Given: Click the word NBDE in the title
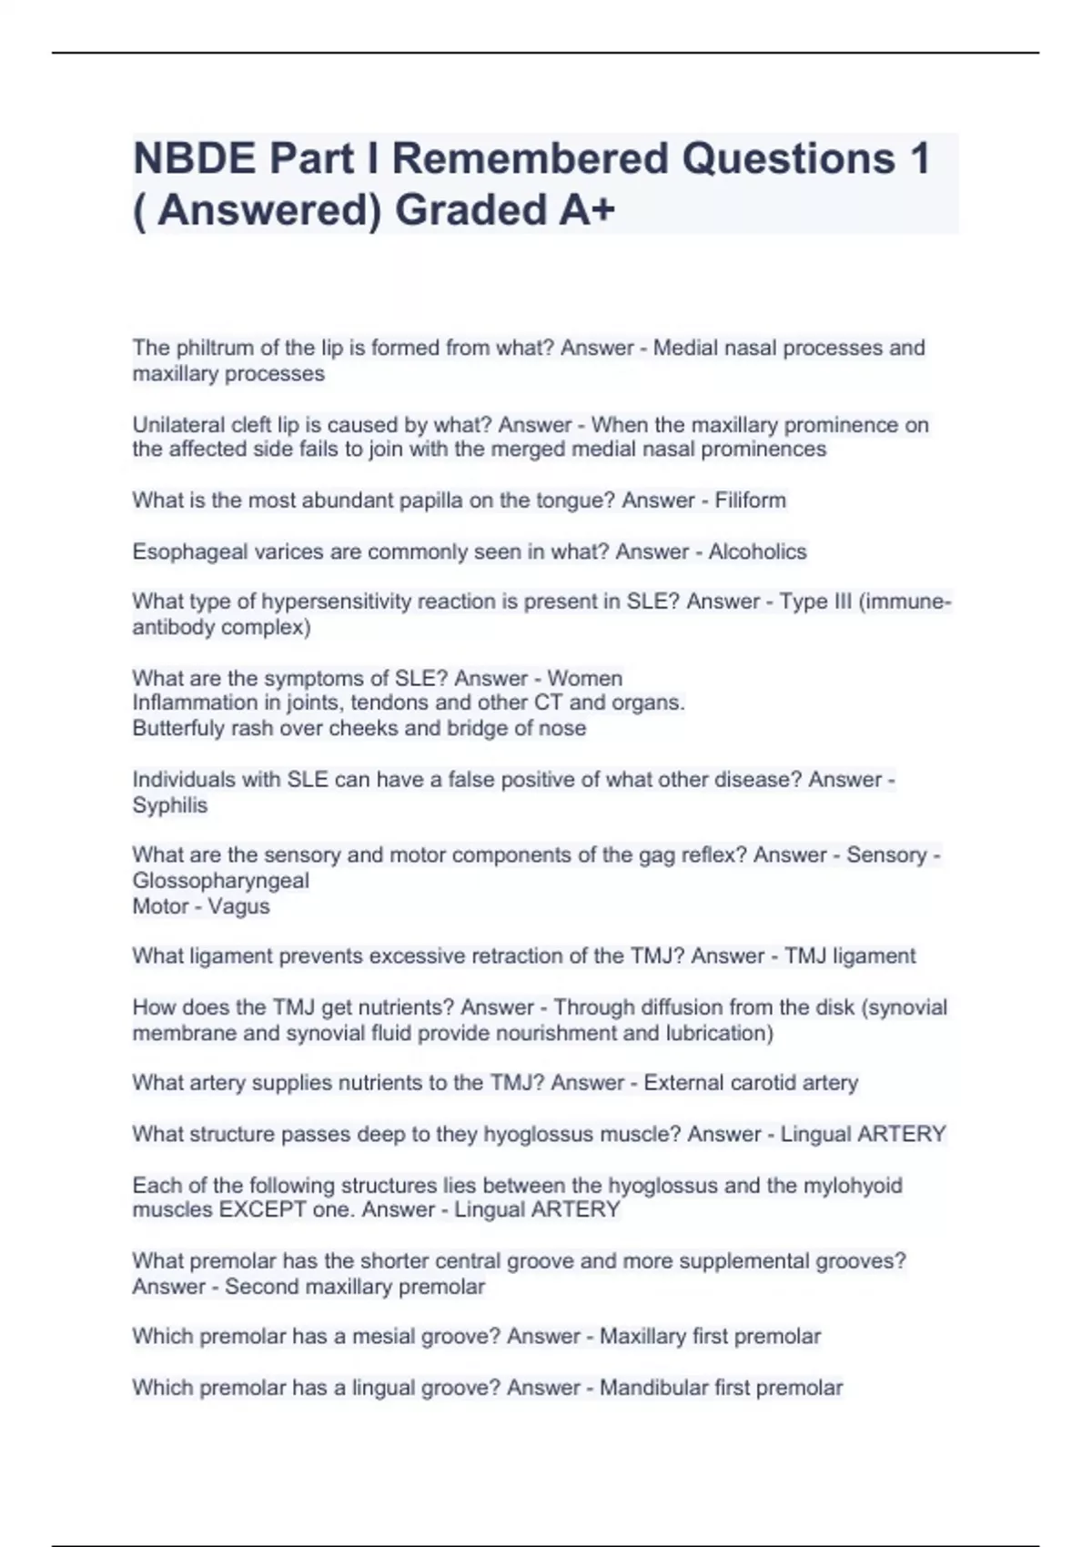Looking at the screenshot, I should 194,159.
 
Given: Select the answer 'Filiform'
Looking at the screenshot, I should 750,500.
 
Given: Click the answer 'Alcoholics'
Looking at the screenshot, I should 757,551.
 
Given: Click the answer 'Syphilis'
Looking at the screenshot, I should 170,805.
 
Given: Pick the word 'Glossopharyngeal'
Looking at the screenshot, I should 221,881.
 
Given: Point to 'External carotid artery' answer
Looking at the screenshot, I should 751,1083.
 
